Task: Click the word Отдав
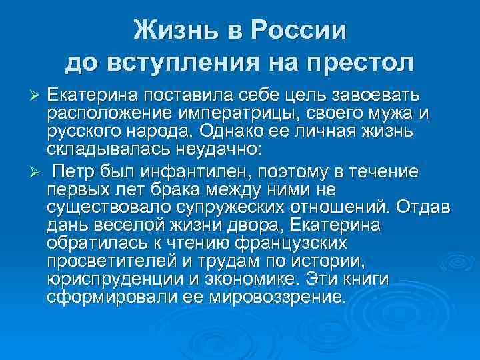(425, 207)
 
